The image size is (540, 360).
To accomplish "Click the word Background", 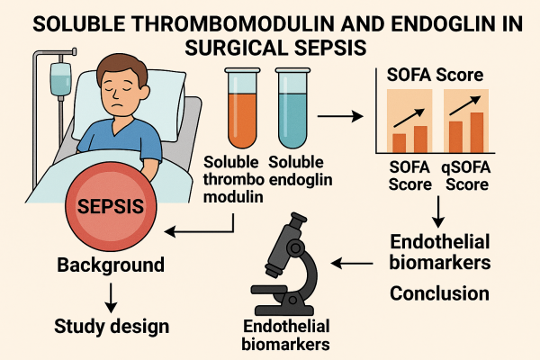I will (111, 265).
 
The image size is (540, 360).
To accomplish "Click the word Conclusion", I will (439, 292).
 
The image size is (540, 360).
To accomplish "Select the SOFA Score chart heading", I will (436, 72).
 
